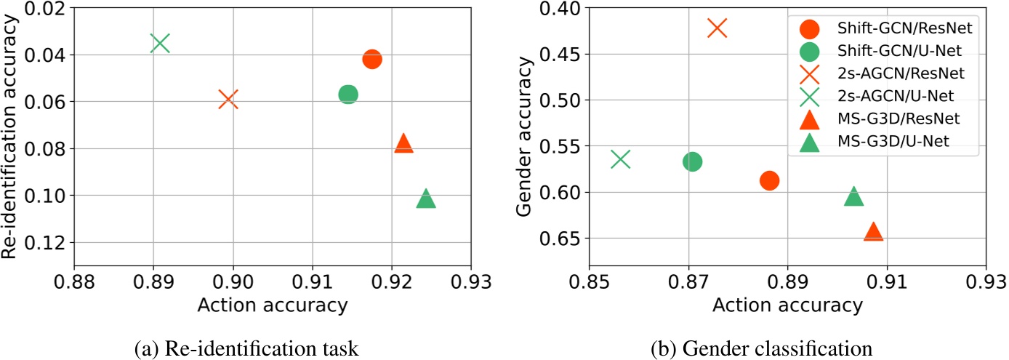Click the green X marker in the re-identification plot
click(x=160, y=43)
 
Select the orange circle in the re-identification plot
click(x=371, y=59)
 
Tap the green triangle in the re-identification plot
click(x=426, y=199)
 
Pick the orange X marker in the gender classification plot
click(x=717, y=28)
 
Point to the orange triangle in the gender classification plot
click(x=873, y=231)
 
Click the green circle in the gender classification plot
click(x=692, y=161)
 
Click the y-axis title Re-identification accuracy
click(x=10, y=137)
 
